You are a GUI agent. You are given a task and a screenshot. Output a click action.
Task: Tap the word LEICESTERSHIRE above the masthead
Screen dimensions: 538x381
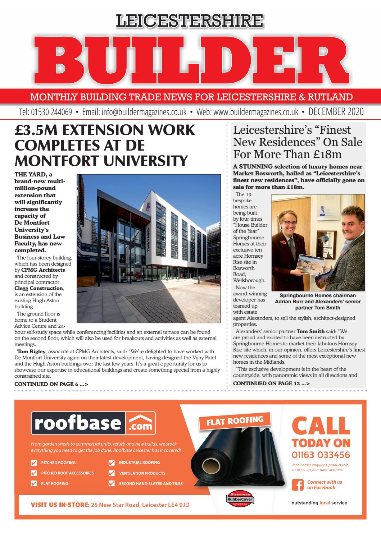tap(190, 21)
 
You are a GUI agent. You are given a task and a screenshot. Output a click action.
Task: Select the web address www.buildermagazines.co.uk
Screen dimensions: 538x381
tap(256, 112)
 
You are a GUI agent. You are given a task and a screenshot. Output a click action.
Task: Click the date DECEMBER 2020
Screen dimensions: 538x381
tap(336, 112)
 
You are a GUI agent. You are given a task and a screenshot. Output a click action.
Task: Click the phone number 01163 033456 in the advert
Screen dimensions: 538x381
tap(321, 455)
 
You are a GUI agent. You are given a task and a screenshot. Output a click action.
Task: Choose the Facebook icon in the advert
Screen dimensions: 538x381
tap(297, 485)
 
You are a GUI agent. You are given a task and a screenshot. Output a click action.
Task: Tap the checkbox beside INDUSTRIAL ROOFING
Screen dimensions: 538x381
tap(112, 463)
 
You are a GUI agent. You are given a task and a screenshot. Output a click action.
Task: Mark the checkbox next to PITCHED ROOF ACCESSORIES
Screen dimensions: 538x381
tap(34, 473)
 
